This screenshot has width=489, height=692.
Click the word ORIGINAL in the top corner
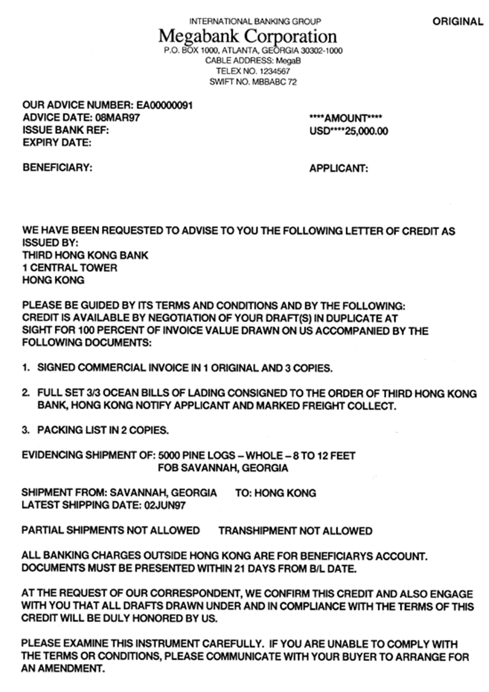click(458, 22)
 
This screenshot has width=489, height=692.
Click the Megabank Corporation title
click(247, 37)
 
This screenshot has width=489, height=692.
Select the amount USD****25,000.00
click(348, 131)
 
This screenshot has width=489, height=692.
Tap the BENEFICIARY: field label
click(57, 168)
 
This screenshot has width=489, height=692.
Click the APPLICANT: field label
click(338, 168)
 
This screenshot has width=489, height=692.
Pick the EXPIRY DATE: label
click(57, 142)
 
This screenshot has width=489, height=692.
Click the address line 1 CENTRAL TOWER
click(69, 268)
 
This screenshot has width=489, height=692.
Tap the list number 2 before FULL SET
click(25, 393)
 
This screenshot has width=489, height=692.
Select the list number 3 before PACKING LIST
click(25, 430)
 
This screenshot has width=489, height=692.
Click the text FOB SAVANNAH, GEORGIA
click(223, 468)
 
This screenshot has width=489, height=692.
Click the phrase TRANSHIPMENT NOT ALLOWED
click(295, 531)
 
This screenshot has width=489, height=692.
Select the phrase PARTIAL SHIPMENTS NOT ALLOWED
click(111, 531)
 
